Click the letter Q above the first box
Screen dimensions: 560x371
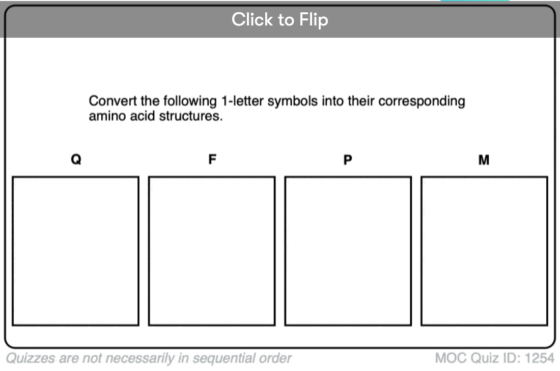pos(76,159)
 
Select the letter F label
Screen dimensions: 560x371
pos(212,159)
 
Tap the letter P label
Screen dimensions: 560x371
pos(348,160)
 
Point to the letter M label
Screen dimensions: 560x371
pos(484,160)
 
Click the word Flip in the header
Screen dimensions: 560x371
pos(314,20)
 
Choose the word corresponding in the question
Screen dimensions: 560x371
pos(422,101)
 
